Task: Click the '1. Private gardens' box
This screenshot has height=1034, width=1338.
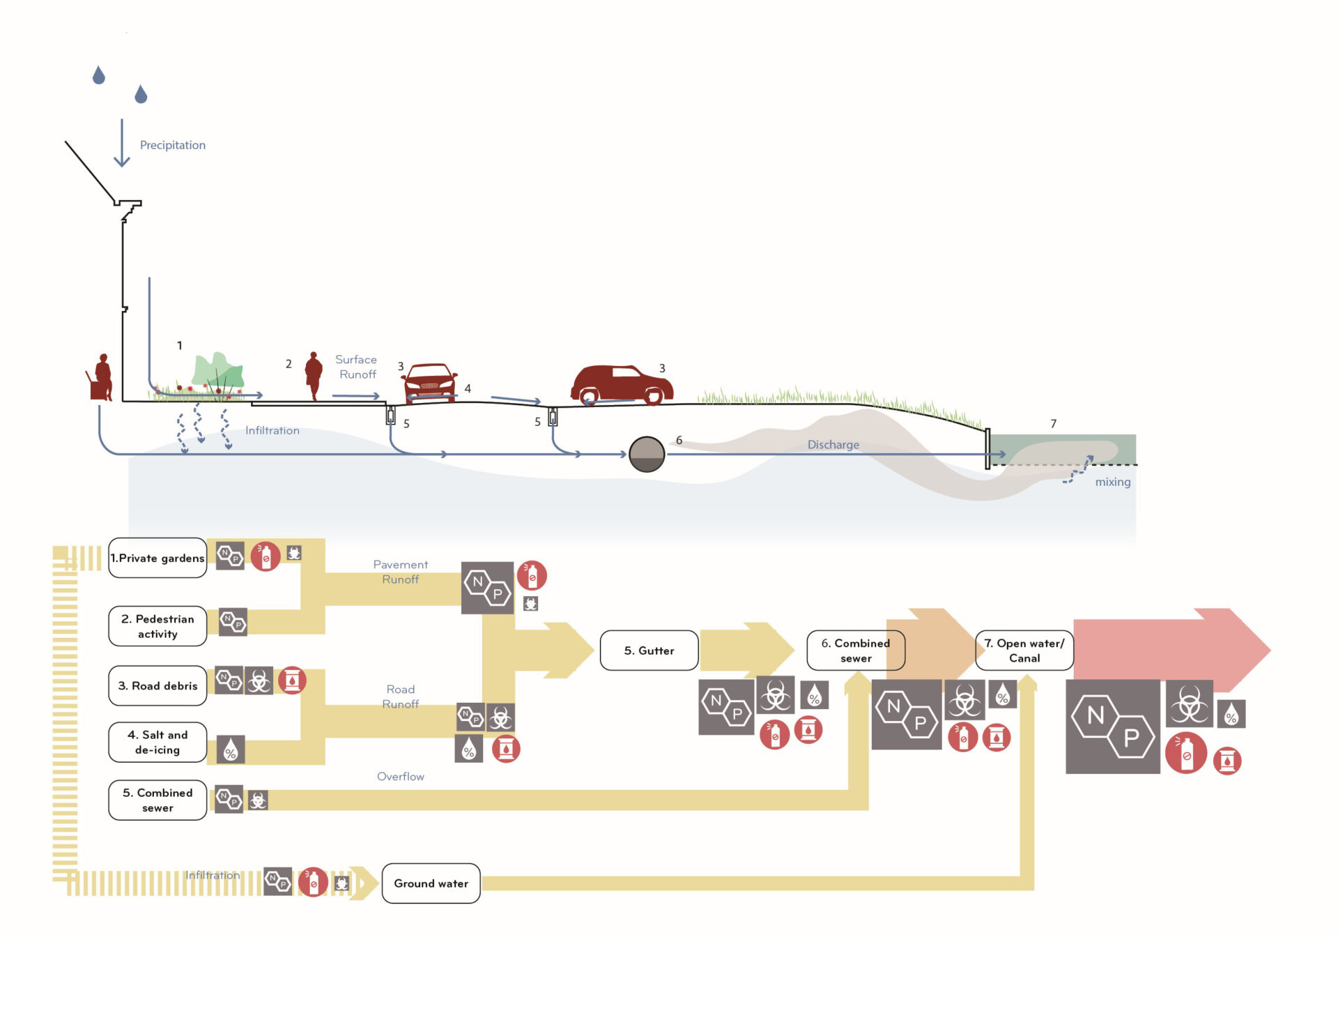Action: (x=157, y=558)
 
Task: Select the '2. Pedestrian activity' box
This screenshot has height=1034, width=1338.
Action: (x=157, y=626)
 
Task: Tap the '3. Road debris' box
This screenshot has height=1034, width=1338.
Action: (x=157, y=685)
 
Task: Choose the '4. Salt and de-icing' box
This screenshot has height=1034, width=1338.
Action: (x=157, y=742)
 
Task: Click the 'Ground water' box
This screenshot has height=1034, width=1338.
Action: (x=431, y=883)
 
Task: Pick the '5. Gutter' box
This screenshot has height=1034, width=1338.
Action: (x=649, y=651)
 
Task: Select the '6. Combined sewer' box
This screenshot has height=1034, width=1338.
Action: (x=855, y=651)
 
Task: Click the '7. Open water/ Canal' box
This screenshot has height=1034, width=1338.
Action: (x=1024, y=651)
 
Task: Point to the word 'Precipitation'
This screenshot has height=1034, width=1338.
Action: (x=173, y=145)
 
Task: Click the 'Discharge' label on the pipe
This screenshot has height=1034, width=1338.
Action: (x=833, y=445)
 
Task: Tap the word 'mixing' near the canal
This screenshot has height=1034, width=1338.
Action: (x=1112, y=482)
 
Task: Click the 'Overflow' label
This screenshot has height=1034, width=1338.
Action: (x=400, y=776)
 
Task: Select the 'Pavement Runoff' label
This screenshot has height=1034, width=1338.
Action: (x=400, y=572)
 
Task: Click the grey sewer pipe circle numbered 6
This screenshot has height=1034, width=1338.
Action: (x=647, y=455)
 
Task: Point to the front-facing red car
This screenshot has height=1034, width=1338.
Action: (x=429, y=382)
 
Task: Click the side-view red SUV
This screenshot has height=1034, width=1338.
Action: (x=621, y=384)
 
